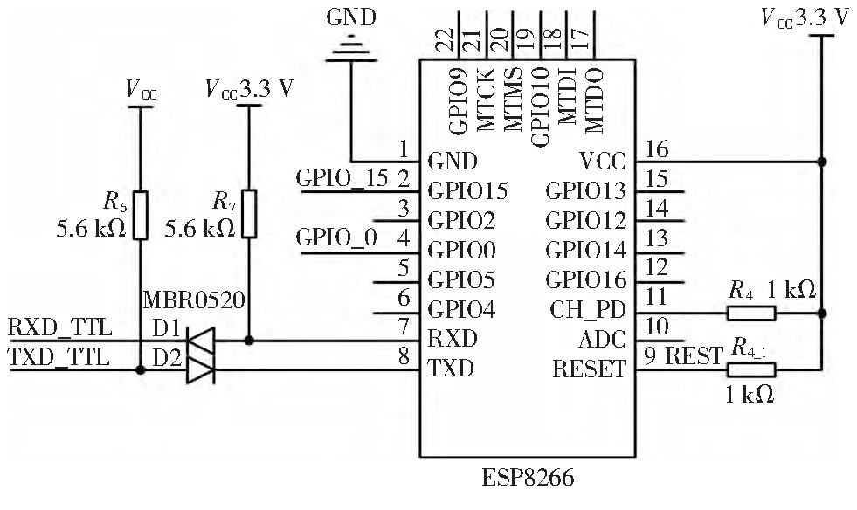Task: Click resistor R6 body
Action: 141,213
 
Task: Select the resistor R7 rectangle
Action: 251,213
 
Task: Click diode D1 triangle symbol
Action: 202,341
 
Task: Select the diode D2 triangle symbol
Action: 202,370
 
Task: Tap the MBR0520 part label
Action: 194,301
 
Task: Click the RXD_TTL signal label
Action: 60,328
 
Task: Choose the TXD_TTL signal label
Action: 60,356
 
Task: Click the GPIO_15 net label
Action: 342,178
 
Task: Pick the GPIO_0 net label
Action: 337,237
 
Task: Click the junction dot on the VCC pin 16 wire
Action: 822,162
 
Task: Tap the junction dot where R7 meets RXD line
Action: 251,341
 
